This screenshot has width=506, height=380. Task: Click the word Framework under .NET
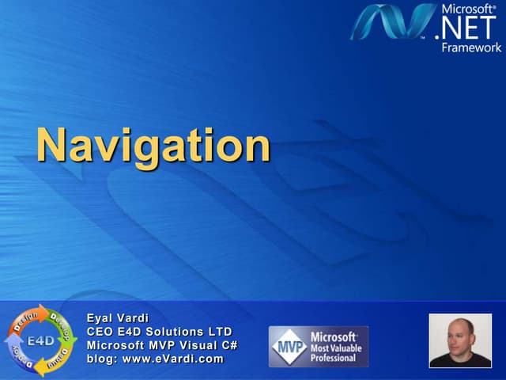(x=471, y=47)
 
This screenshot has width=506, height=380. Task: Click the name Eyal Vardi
(x=118, y=318)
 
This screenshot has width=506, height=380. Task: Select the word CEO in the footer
(x=100, y=332)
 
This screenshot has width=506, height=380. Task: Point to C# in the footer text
(x=229, y=345)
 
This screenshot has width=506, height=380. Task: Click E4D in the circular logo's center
(x=40, y=341)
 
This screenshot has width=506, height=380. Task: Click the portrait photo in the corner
(x=460, y=340)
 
